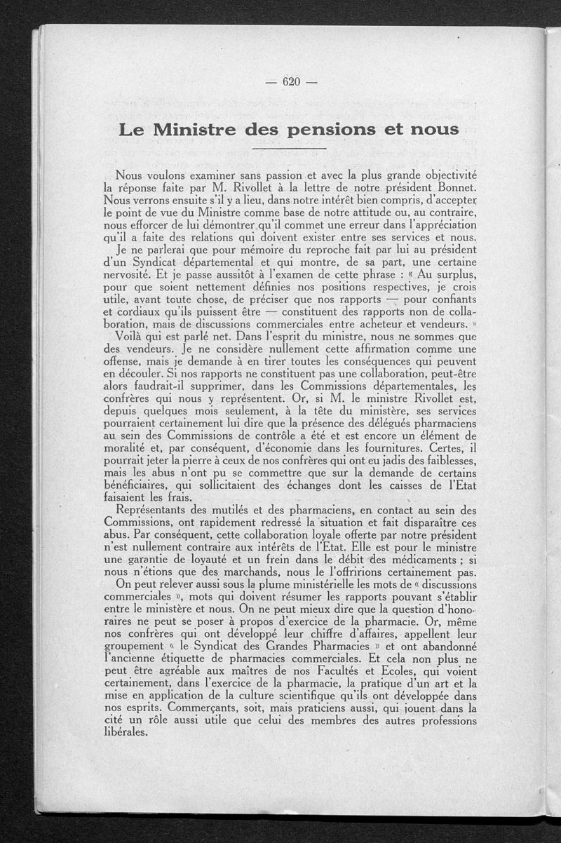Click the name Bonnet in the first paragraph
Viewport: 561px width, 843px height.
click(x=435, y=187)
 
